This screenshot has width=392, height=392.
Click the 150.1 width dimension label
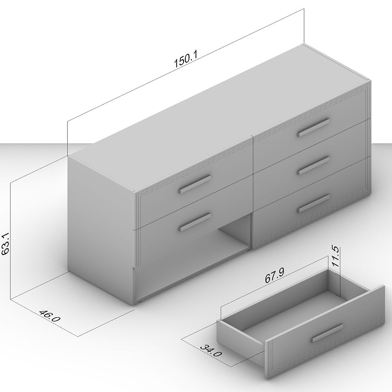coord(186,59)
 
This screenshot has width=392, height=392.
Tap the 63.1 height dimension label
coord(6,244)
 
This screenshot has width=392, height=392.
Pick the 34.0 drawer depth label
coord(211,351)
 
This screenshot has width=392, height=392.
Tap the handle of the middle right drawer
coord(314,165)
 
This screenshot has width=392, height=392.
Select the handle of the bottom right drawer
coord(314,203)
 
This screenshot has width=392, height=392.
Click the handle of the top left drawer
coord(195,184)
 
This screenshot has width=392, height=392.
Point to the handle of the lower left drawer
coord(195,222)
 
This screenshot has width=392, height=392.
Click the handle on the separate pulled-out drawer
coord(327,333)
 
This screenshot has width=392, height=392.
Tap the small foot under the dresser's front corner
coord(139,303)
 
